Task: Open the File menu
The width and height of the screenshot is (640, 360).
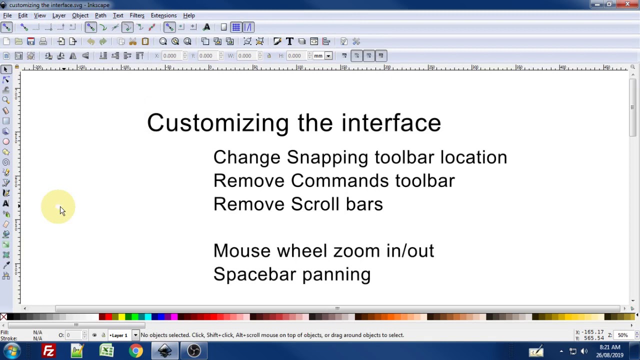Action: click(7, 15)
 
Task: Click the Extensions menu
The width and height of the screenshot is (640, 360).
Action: click(163, 15)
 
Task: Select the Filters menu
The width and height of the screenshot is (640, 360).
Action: click(136, 15)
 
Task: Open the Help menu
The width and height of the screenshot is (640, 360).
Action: click(189, 15)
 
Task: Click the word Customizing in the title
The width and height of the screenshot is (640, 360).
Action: click(217, 123)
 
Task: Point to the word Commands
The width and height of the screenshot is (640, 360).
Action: click(339, 181)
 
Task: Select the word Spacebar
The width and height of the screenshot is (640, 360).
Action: click(254, 274)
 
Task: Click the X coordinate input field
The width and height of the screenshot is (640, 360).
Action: click(170, 55)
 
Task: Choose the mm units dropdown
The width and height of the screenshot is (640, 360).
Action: click(322, 55)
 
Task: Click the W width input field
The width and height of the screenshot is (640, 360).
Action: click(245, 55)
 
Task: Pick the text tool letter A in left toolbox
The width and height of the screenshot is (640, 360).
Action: click(6, 203)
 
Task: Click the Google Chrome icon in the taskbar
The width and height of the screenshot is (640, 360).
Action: click(135, 351)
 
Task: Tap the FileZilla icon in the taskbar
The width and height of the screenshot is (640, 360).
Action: click(48, 351)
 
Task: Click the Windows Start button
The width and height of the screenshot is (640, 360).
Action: click(11, 351)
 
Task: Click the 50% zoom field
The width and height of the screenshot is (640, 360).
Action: click(622, 335)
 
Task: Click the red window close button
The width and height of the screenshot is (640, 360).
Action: click(627, 4)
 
